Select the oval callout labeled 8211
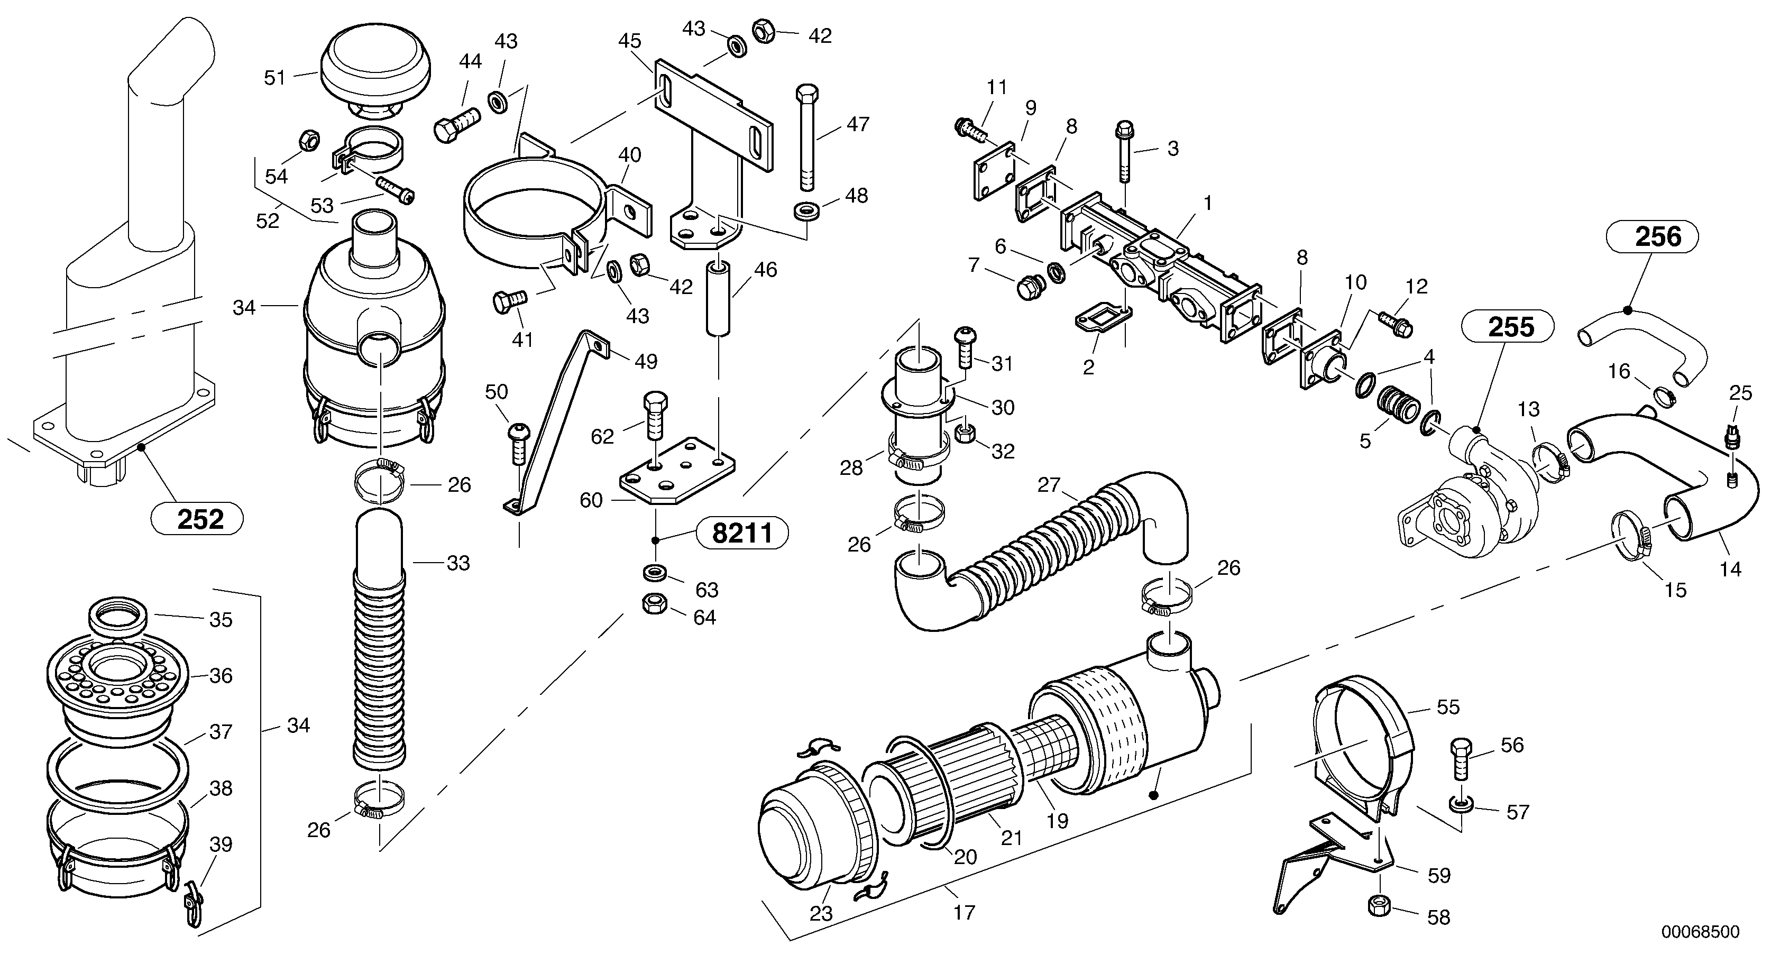click(x=742, y=533)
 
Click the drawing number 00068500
click(x=1700, y=932)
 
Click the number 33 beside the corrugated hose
click(x=458, y=563)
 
